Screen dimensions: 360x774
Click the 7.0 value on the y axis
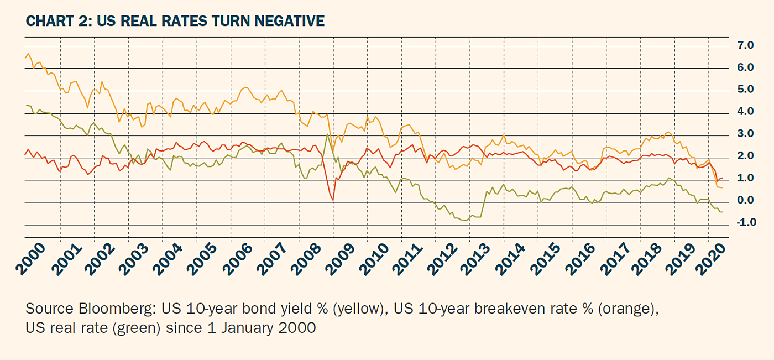point(745,45)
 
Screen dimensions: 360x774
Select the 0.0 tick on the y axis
point(745,200)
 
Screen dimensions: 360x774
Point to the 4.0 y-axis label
point(745,112)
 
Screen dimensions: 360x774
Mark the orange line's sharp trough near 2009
point(333,200)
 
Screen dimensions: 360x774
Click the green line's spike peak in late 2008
point(327,134)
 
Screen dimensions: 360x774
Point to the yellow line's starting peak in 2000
point(29,54)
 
